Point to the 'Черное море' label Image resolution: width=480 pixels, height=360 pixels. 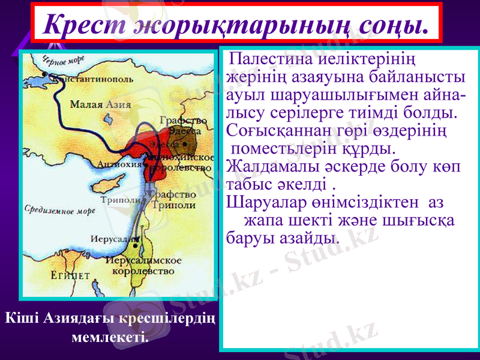point(63,60)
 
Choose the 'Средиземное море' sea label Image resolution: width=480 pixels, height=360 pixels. point(61,211)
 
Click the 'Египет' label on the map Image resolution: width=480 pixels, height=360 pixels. point(70,275)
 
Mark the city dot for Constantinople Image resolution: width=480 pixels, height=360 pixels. point(47,76)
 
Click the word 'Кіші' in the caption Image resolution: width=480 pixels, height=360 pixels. point(22,319)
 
